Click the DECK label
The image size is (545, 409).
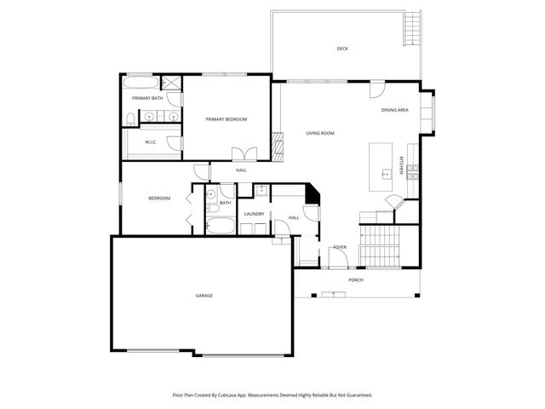point(342,49)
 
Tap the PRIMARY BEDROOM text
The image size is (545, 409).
point(227,119)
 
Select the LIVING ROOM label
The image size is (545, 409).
point(320,133)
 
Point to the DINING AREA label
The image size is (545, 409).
point(394,110)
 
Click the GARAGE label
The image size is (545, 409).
point(204,296)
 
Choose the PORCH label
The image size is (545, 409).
point(356,279)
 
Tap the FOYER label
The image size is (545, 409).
point(340,247)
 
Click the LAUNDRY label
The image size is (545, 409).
point(254,214)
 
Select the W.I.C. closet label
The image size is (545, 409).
point(150,142)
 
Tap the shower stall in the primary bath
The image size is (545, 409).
point(171,83)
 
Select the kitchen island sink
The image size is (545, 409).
point(385,173)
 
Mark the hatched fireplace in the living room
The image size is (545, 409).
point(276,147)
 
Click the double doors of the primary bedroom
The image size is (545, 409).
point(245,154)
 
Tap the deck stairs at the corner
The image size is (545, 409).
point(413,28)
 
